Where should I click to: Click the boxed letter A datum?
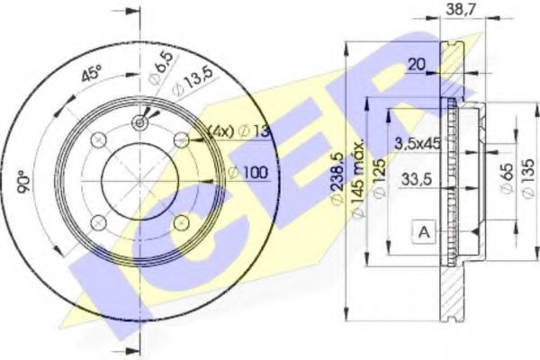[422, 232]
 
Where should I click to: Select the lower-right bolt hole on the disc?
[181, 221]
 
